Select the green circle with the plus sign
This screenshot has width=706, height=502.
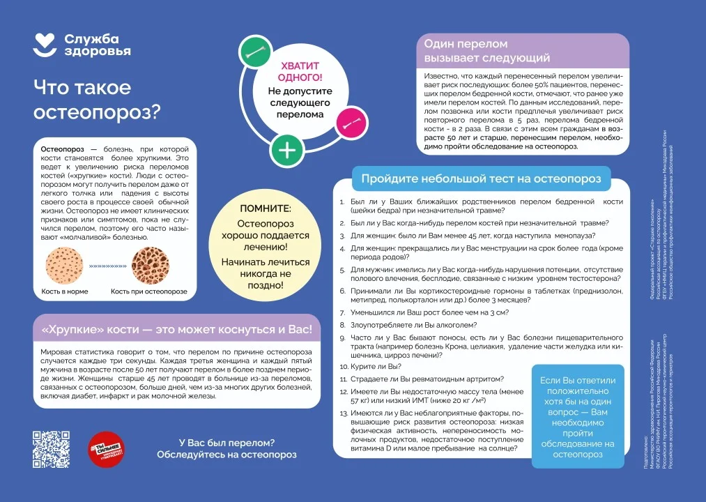pos(286,150)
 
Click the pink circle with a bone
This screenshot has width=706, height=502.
pos(350,123)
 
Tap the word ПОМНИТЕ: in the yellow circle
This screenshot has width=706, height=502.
pos(266,209)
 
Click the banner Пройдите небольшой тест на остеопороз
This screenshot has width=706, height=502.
pos(481,178)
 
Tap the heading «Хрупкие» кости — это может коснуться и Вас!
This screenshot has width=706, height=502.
pos(177,328)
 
